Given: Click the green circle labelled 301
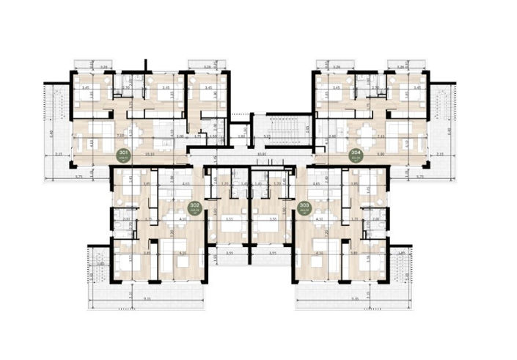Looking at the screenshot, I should pos(122,154).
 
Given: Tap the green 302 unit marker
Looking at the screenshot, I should pos(194,207).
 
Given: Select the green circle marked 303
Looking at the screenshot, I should pos(304,207).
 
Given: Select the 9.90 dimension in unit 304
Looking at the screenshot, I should pos(381,155).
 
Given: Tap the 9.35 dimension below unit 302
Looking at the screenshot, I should pos(147,299).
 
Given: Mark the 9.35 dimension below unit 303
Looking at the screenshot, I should pos(355,299).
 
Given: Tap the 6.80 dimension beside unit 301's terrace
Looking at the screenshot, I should pos(51,132).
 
